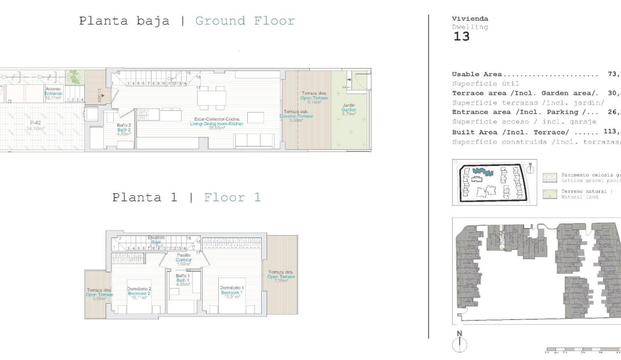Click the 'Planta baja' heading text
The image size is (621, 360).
point(124,21)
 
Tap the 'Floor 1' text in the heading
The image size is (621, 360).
point(232,197)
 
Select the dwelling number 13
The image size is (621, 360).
point(461,37)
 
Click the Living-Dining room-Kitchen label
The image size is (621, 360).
point(217,124)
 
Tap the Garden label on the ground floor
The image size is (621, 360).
point(348,109)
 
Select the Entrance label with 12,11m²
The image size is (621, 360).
point(53,93)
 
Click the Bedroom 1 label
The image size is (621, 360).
point(232,290)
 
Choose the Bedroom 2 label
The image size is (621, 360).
point(139,292)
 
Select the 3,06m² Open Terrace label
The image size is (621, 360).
point(96,296)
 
